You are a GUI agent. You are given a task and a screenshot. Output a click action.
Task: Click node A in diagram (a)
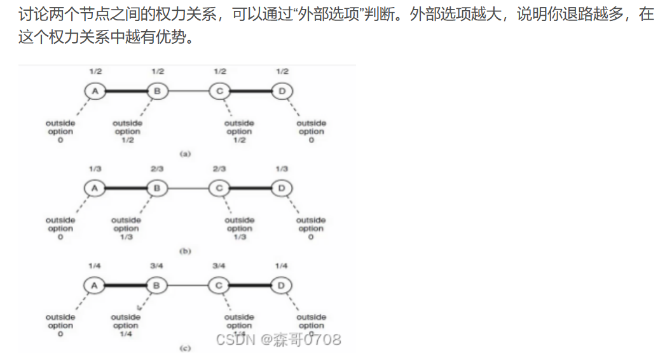coord(95,91)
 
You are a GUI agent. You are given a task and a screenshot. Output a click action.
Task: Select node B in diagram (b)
coord(156,188)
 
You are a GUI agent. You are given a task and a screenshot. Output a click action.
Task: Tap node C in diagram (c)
coord(219,286)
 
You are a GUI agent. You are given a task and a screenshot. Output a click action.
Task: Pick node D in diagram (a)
coord(282,91)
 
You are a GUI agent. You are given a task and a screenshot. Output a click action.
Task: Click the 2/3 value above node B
coord(157,169)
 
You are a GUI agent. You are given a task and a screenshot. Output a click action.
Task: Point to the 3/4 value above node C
coord(219,267)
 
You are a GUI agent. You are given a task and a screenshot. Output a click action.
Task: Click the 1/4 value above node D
coord(282,267)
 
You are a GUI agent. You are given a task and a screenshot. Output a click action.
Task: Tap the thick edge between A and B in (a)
coord(126,91)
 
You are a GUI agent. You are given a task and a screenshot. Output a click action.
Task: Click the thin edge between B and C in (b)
coord(188,188)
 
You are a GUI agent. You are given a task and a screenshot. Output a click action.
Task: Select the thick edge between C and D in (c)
coord(250,286)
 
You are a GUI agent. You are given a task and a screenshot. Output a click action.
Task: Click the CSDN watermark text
coord(278,339)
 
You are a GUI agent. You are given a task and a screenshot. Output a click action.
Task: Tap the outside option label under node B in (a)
coord(127,131)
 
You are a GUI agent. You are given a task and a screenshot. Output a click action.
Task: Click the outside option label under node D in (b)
coord(311,228)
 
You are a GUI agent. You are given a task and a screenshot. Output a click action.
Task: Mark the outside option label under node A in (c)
coord(60,325)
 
